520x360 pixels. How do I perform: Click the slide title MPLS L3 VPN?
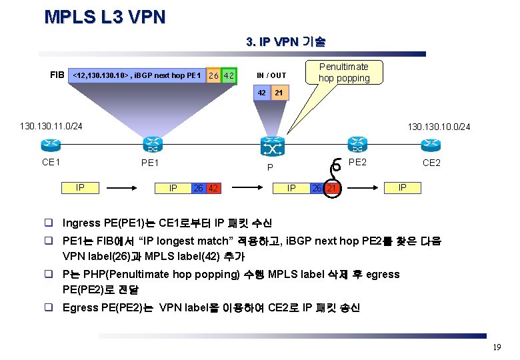point(105,17)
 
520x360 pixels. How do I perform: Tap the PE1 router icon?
point(152,144)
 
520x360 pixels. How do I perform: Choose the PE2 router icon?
point(356,144)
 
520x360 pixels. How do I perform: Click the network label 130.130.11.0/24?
point(51,125)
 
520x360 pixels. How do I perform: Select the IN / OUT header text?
point(271,75)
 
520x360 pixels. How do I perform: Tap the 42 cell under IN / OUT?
point(262,93)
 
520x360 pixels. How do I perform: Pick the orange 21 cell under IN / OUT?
point(279,93)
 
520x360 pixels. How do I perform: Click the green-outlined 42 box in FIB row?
point(229,76)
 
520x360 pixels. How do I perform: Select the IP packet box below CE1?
point(81,187)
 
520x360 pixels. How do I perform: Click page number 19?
point(497,347)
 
